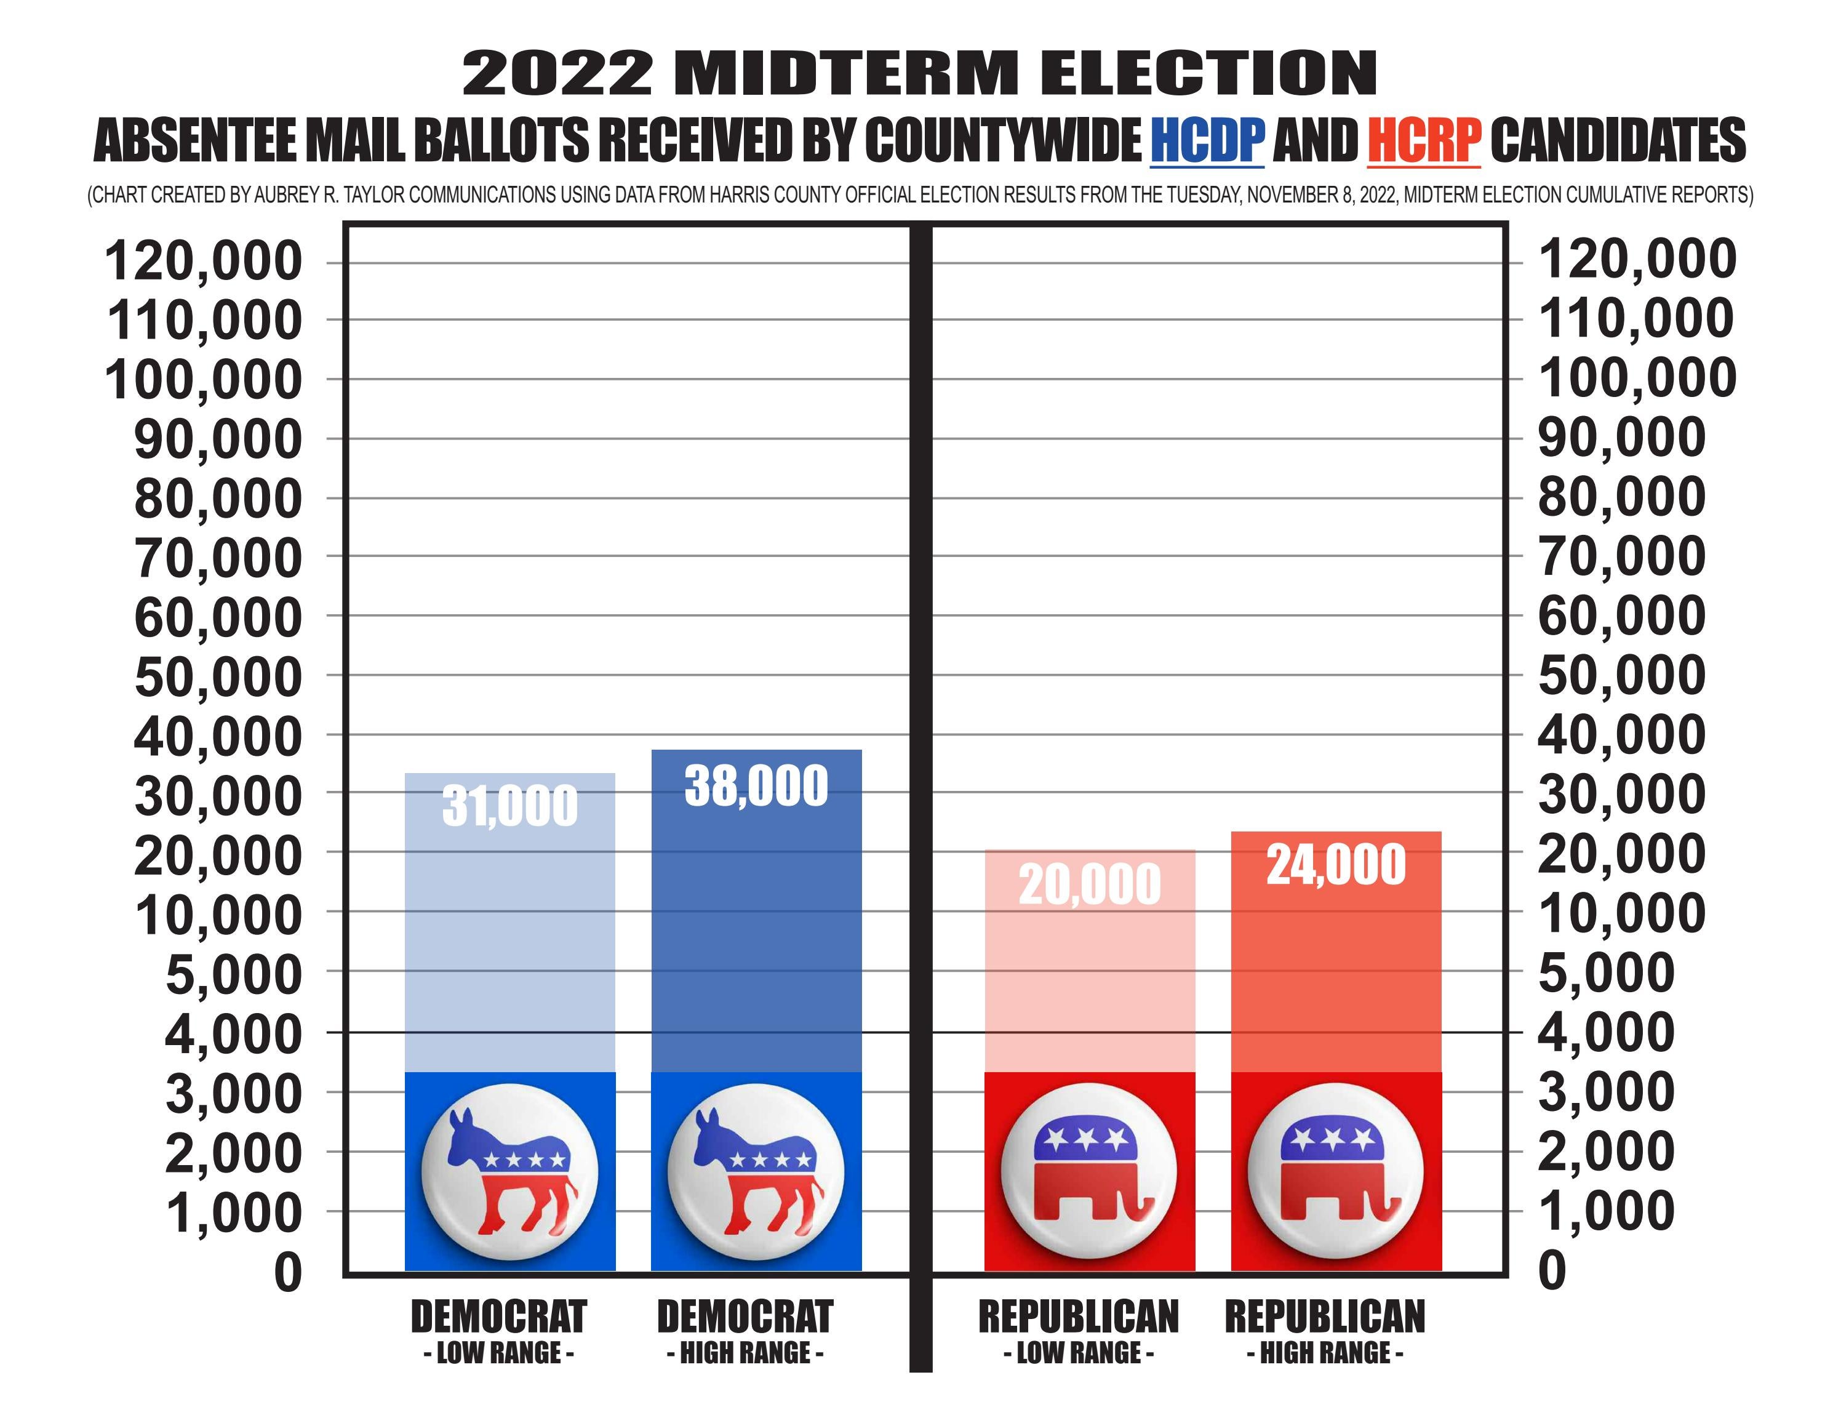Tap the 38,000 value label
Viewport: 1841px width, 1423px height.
click(x=756, y=786)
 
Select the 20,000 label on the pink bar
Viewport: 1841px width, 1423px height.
click(x=1089, y=885)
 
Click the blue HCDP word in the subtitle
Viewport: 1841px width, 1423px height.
click(x=1207, y=141)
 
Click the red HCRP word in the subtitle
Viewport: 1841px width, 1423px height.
click(x=1424, y=141)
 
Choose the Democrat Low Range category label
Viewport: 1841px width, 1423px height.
click(x=498, y=1331)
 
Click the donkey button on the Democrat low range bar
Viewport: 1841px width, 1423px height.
click(x=510, y=1171)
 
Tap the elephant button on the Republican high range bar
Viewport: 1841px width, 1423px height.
click(x=1336, y=1171)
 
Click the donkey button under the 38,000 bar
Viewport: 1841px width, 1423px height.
click(x=756, y=1171)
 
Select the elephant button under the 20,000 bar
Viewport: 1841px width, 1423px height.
click(x=1089, y=1171)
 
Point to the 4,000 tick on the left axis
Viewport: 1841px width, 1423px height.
click(x=233, y=1033)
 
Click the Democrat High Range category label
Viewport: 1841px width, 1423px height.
click(x=745, y=1331)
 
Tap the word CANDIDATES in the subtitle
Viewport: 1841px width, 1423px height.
click(x=1618, y=141)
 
